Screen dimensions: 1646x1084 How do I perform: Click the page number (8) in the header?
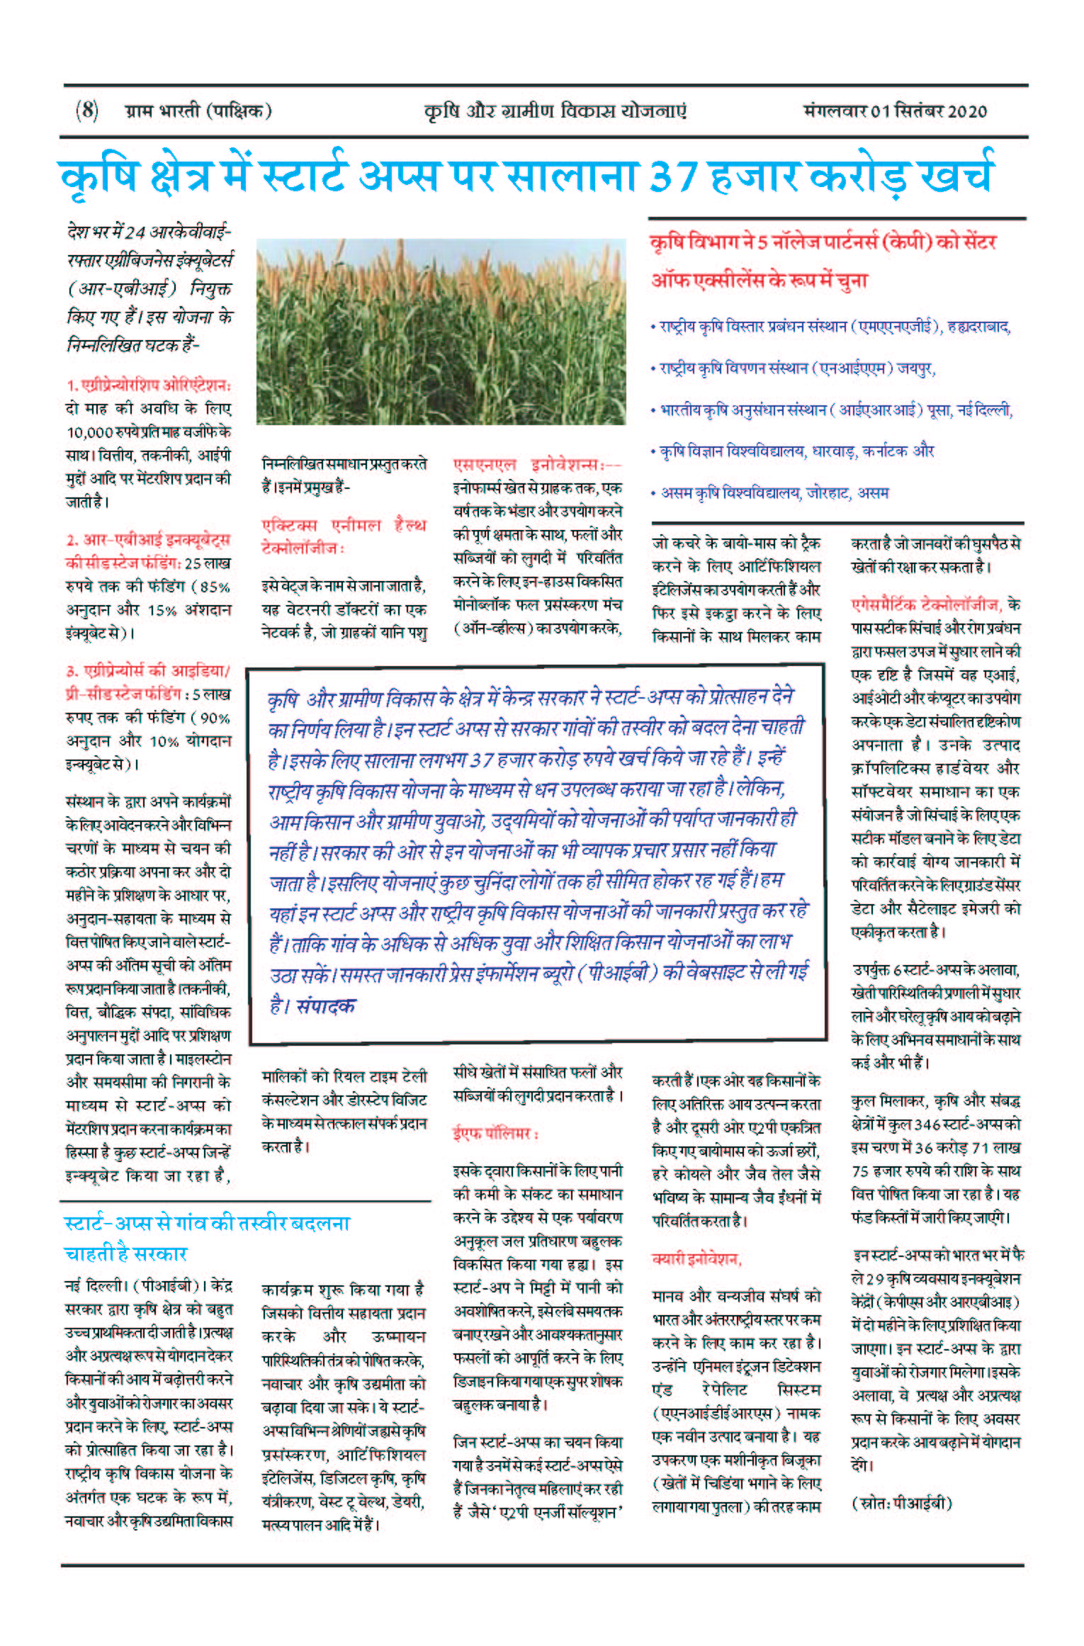coord(86,111)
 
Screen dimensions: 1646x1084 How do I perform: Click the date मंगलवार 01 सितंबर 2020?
coord(895,111)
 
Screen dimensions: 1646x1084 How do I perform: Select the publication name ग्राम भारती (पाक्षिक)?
coord(198,111)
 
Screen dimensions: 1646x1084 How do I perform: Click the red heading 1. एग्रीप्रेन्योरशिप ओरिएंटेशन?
coord(149,385)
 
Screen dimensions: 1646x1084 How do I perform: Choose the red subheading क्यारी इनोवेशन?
coord(696,1259)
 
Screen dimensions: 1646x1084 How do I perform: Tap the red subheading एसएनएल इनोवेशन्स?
coord(537,465)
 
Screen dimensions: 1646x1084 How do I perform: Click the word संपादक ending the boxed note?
coord(326,1005)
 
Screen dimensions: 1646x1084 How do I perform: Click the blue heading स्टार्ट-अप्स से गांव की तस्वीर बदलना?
coord(207,1224)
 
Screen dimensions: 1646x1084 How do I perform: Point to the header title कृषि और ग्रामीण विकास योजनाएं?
coord(555,111)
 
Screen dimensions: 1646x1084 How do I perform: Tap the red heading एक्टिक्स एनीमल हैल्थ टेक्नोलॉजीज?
coord(344,536)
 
